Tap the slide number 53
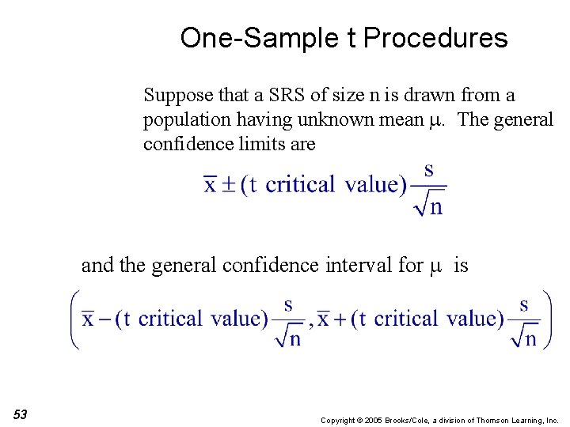[x=20, y=415]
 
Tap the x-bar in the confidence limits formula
[x=210, y=185]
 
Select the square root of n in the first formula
[x=428, y=206]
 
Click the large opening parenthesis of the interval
[x=74, y=319]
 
